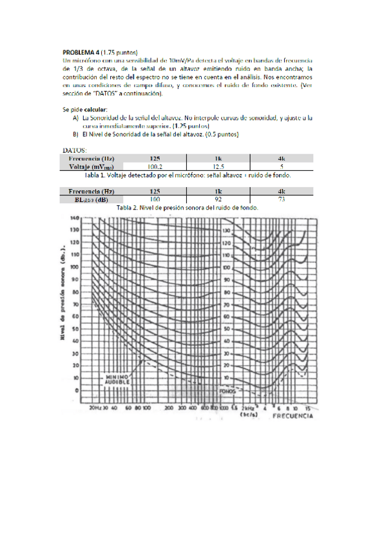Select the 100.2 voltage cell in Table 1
pyautogui.click(x=154, y=166)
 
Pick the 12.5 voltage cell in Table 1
pyautogui.click(x=218, y=166)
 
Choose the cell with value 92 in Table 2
pyautogui.click(x=218, y=200)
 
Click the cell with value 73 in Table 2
pyautogui.click(x=281, y=200)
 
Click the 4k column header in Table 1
pyautogui.click(x=281, y=158)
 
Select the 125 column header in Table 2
pyautogui.click(x=154, y=192)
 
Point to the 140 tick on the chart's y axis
pyautogui.click(x=75, y=219)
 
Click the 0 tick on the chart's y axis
pyautogui.click(x=77, y=390)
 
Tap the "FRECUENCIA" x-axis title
pyautogui.click(x=293, y=416)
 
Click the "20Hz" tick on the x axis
pyautogui.click(x=94, y=408)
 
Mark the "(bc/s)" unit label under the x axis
pyautogui.click(x=247, y=416)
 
